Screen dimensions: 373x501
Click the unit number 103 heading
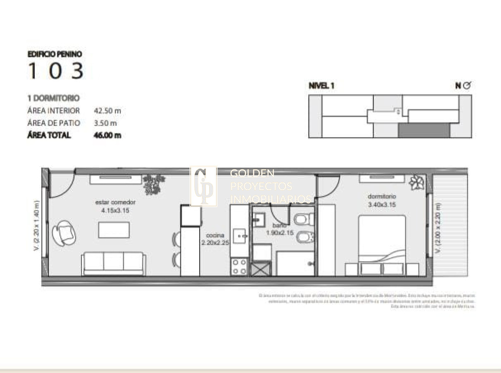click(56, 71)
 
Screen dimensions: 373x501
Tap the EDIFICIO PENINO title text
click(54, 54)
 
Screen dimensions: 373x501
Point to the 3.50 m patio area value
click(105, 123)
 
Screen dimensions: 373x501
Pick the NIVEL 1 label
click(321, 86)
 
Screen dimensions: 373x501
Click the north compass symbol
click(467, 86)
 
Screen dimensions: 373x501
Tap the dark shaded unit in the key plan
click(424, 131)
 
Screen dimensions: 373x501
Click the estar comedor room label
click(115, 203)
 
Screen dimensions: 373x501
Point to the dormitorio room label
click(382, 196)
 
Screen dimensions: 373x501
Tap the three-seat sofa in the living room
click(114, 263)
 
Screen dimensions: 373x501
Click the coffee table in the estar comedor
click(114, 230)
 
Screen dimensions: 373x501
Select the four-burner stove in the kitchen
click(239, 267)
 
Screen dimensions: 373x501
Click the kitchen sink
click(240, 236)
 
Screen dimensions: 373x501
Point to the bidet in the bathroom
click(304, 238)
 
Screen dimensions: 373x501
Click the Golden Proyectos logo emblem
click(204, 187)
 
